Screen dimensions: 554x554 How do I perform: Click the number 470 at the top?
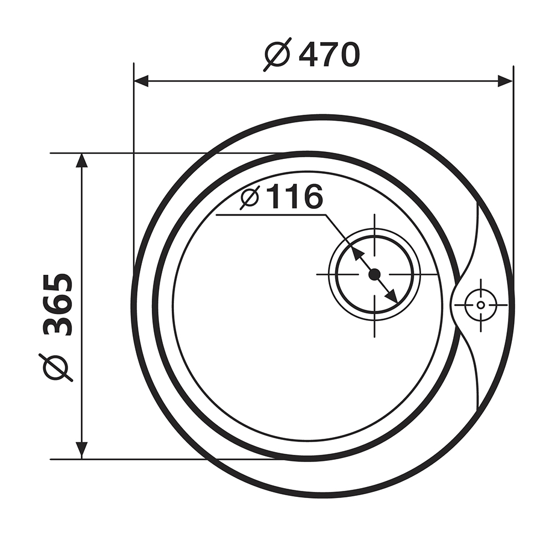tap(329, 55)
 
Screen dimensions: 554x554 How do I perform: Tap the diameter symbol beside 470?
tap(278, 54)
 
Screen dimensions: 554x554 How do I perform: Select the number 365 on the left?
tap(58, 305)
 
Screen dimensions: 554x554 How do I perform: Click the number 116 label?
tap(295, 197)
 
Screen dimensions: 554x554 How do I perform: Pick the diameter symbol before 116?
tap(251, 197)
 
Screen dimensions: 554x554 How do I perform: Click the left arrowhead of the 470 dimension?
tap(141, 81)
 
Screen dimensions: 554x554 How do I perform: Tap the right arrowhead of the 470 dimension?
tap(505, 81)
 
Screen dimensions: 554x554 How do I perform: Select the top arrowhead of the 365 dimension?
tap(81, 161)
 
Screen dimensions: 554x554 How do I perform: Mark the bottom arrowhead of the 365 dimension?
tap(81, 451)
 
